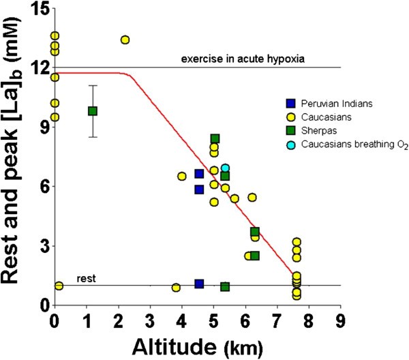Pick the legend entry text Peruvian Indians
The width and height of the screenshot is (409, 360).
tap(333, 104)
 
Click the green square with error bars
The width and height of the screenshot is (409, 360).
tap(93, 110)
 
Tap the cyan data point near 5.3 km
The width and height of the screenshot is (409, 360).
tap(225, 168)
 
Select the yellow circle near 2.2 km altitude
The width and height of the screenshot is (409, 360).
tap(125, 40)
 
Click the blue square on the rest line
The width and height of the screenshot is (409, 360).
tap(199, 284)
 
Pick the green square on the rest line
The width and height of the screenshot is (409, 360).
tap(225, 286)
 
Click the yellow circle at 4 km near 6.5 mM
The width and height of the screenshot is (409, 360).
tap(182, 176)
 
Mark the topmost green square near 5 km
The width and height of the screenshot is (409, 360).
tap(215, 139)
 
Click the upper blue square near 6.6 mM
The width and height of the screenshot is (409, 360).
tap(199, 174)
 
